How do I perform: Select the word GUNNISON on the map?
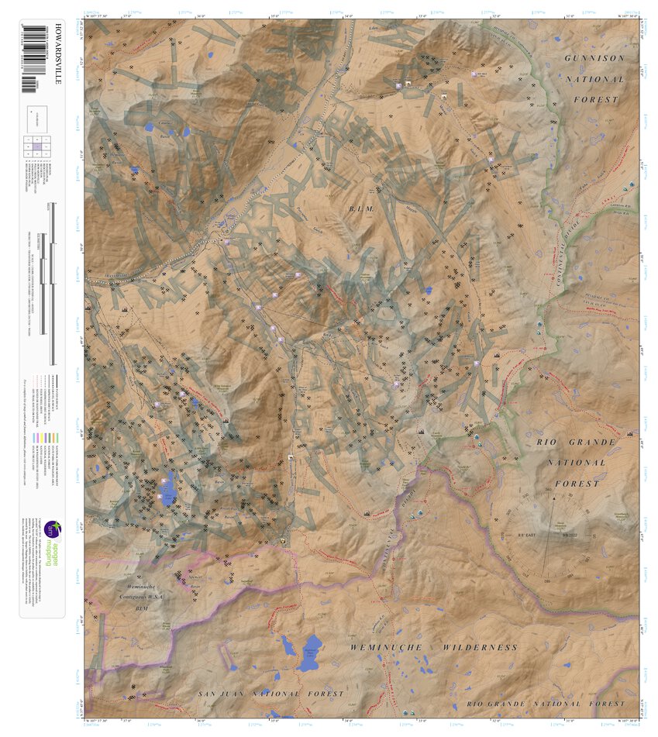[x=594, y=59]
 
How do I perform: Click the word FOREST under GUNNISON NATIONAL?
[x=596, y=100]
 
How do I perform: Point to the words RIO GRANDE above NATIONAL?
[x=576, y=442]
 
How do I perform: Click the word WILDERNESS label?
[x=480, y=647]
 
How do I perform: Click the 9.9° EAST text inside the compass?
[x=529, y=536]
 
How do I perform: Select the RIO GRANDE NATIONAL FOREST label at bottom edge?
[x=546, y=704]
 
